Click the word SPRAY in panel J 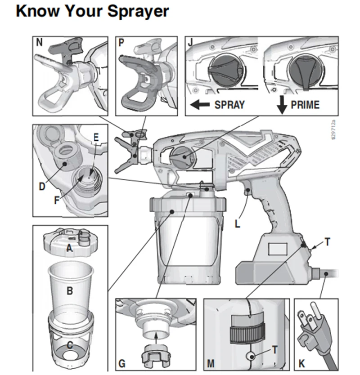pos(229,105)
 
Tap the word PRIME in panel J pos(305,105)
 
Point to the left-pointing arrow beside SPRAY pos(199,104)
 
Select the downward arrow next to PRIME pos(282,105)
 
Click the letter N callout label pos(39,42)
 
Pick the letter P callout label pos(121,42)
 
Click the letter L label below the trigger pos(237,224)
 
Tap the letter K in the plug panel pos(301,363)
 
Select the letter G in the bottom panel pos(122,363)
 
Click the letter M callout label pos(211,363)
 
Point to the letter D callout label pos(42,186)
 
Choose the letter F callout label pos(57,200)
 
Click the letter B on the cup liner pos(70,291)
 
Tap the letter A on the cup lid pos(69,248)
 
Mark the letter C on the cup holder pos(70,344)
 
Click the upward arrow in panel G pos(156,339)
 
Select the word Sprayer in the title pos(138,11)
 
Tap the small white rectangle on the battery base pos(278,249)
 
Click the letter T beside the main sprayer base pos(328,242)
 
